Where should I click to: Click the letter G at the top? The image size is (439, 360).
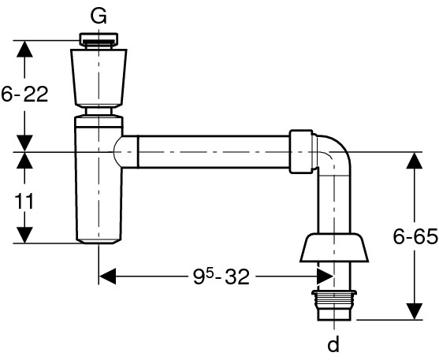point(99,17)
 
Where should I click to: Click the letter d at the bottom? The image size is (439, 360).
point(333,344)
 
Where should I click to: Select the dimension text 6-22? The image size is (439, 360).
point(24,94)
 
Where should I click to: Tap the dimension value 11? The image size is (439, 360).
point(24,201)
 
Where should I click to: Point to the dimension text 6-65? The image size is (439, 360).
point(415,236)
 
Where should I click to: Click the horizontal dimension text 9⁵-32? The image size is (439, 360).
point(221,276)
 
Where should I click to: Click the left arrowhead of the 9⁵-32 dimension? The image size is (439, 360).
point(107,276)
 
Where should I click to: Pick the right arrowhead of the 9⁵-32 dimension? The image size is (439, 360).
point(325,276)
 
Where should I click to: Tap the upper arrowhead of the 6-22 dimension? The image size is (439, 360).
point(24,49)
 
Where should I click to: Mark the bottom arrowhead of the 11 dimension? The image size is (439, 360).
point(24,235)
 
